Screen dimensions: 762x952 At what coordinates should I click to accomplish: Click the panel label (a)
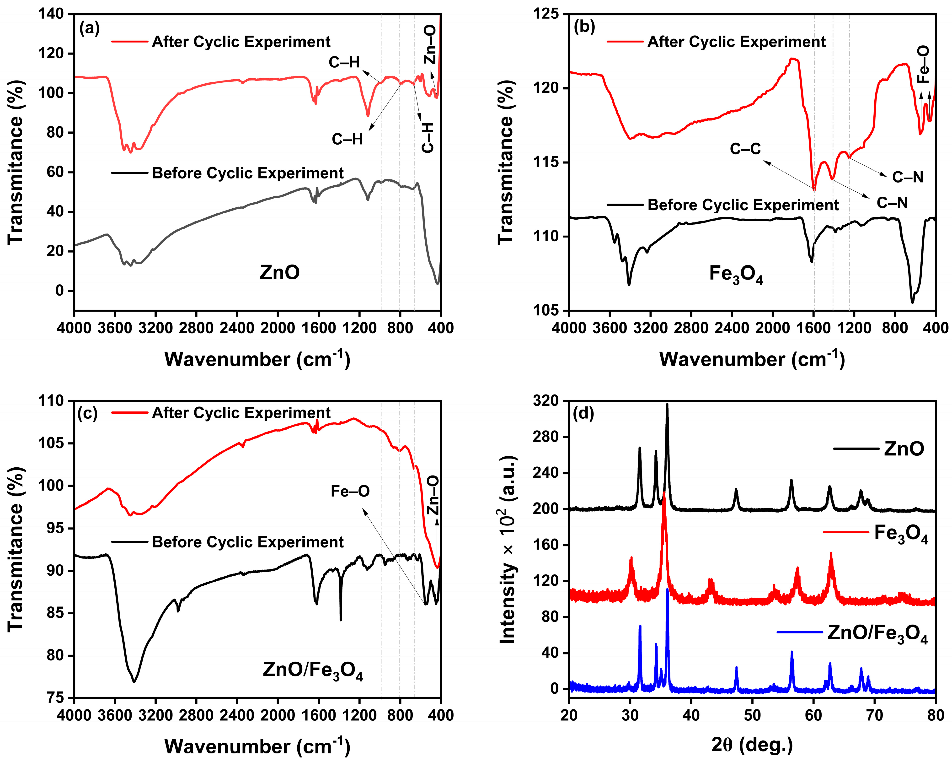[x=89, y=28]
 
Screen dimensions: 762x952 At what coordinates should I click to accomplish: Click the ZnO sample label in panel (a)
[x=279, y=272]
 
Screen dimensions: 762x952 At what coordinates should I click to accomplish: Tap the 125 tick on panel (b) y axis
[x=546, y=14]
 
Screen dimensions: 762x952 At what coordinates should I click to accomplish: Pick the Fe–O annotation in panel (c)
[x=350, y=491]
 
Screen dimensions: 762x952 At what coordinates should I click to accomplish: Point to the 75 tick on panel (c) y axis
[x=57, y=698]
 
